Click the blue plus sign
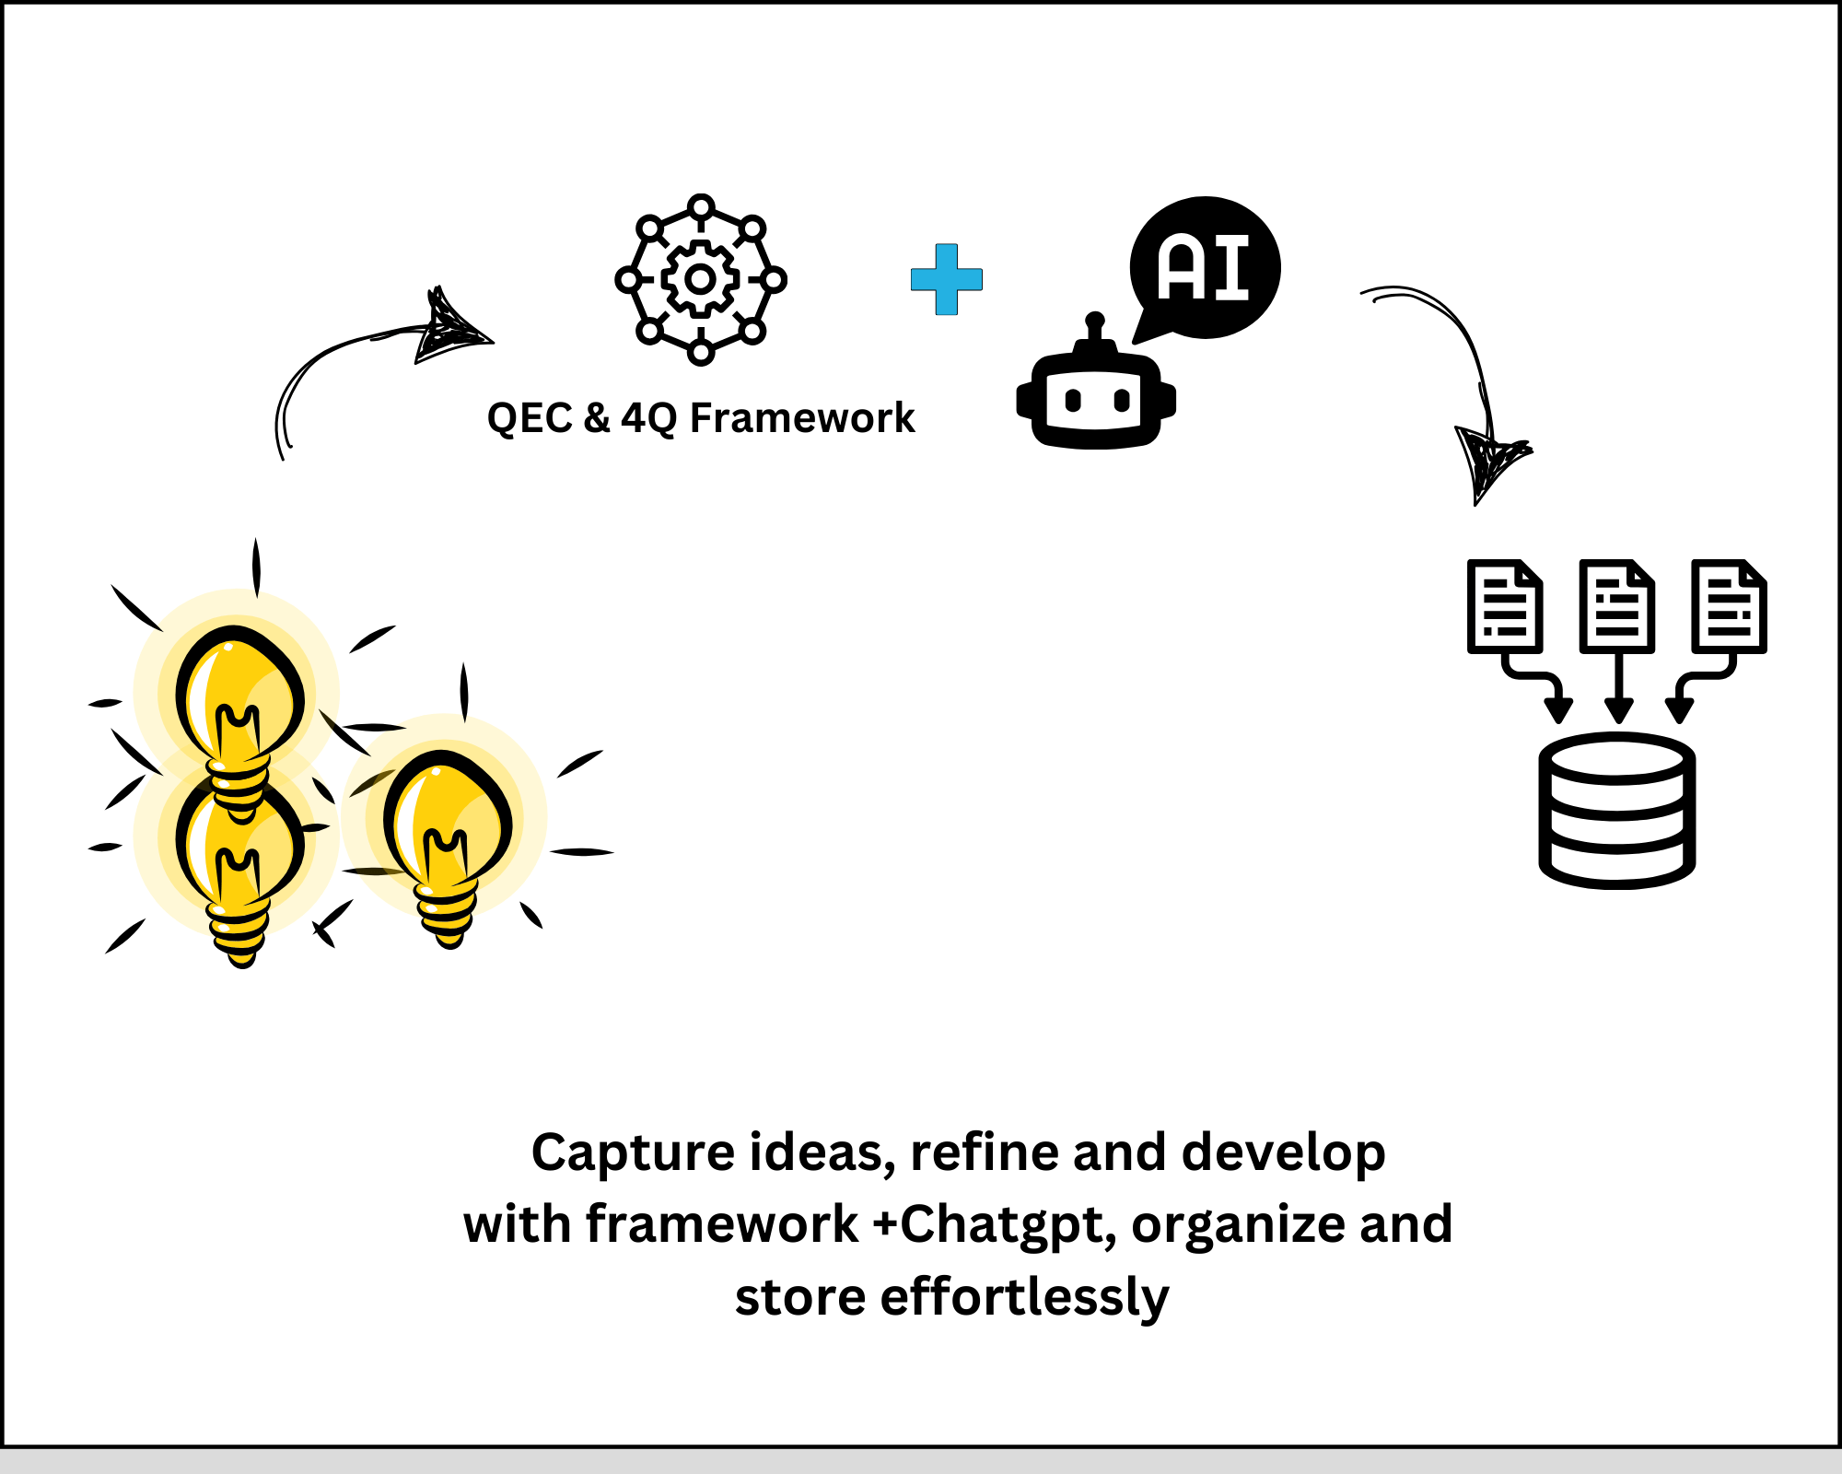(947, 279)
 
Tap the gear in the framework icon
(700, 278)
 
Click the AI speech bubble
(1205, 268)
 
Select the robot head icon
(1096, 399)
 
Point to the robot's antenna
(1095, 330)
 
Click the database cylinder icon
(1617, 811)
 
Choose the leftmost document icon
(1505, 606)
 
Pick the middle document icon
(1617, 606)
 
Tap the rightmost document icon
(1730, 606)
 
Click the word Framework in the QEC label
(802, 417)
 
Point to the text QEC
(530, 417)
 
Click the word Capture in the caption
(634, 1153)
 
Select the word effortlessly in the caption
(1024, 1296)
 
